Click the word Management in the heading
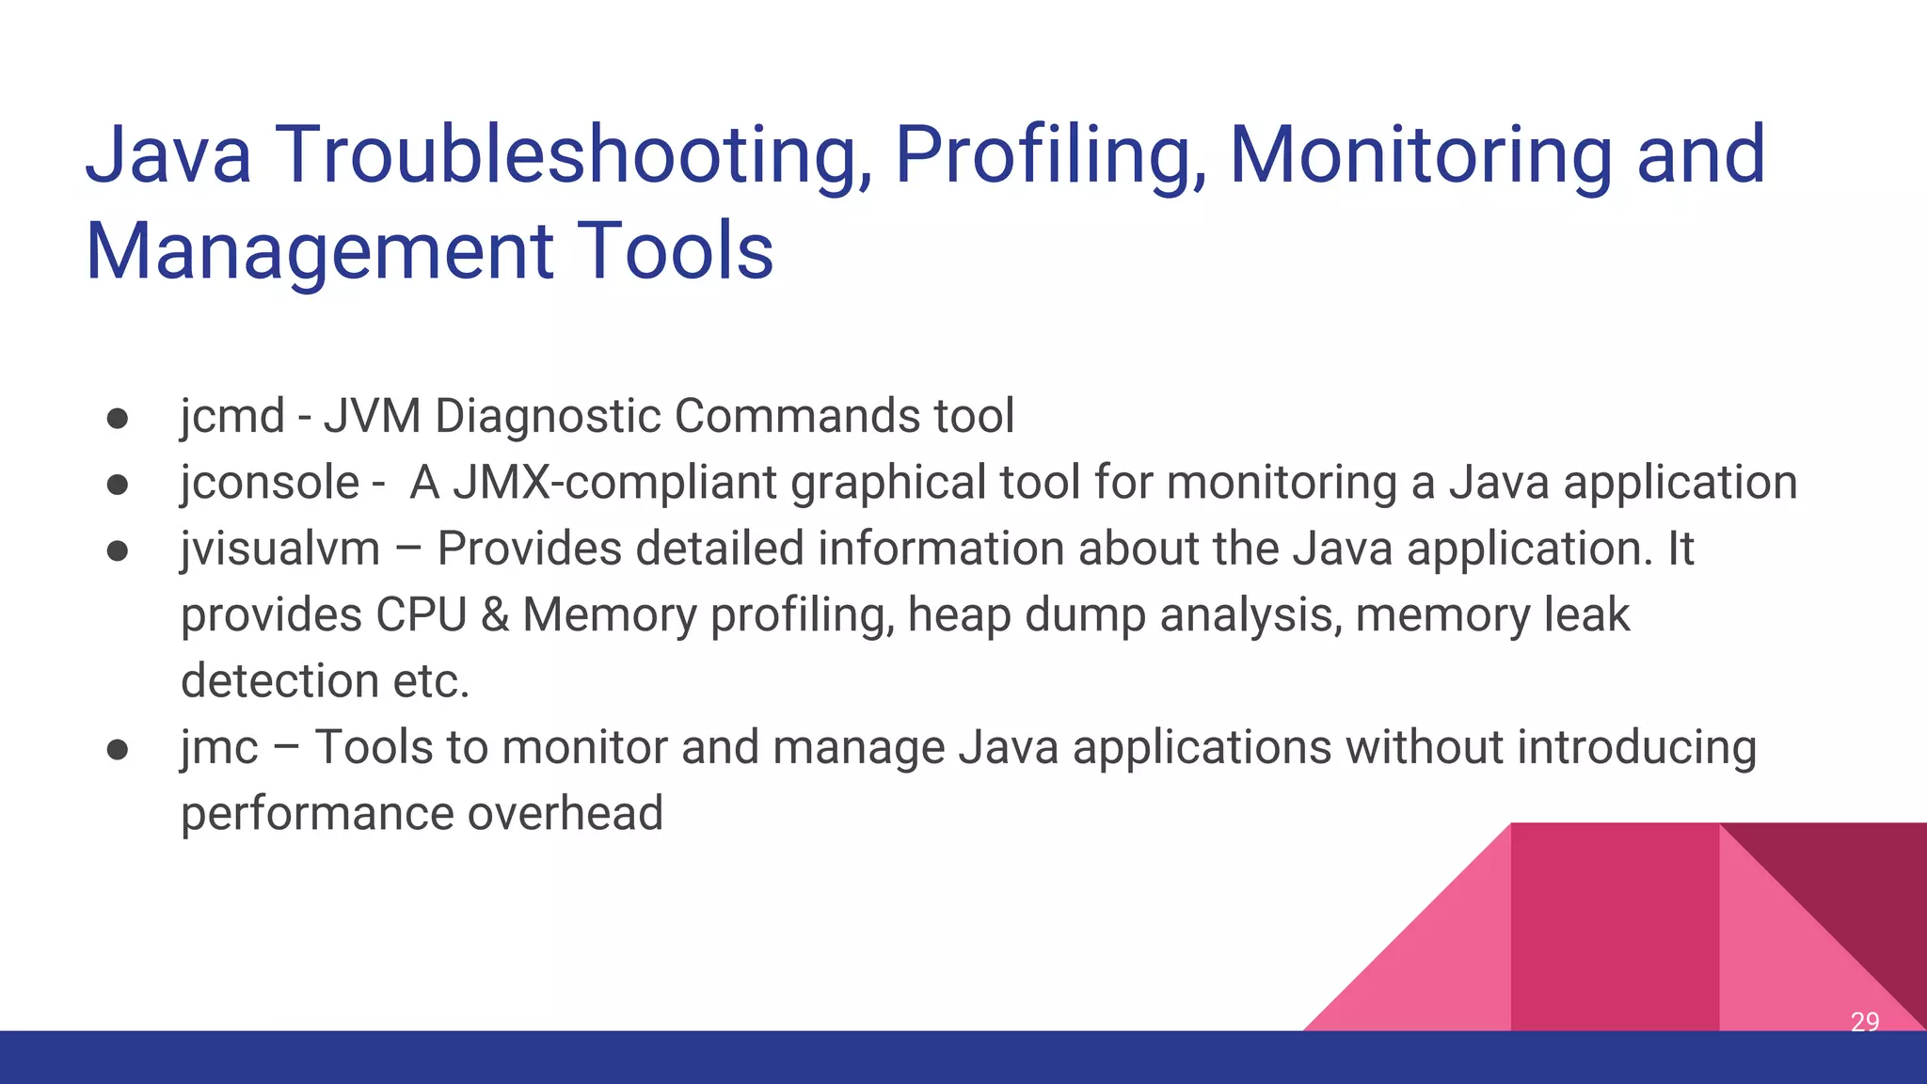319,251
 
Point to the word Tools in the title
675,251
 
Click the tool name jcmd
232,416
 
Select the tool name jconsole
270,483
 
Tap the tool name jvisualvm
280,549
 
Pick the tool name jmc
219,747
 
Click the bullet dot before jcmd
118,418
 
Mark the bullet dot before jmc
118,749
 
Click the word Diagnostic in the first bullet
548,416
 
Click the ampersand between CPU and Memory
494,615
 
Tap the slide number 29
1864,1022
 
